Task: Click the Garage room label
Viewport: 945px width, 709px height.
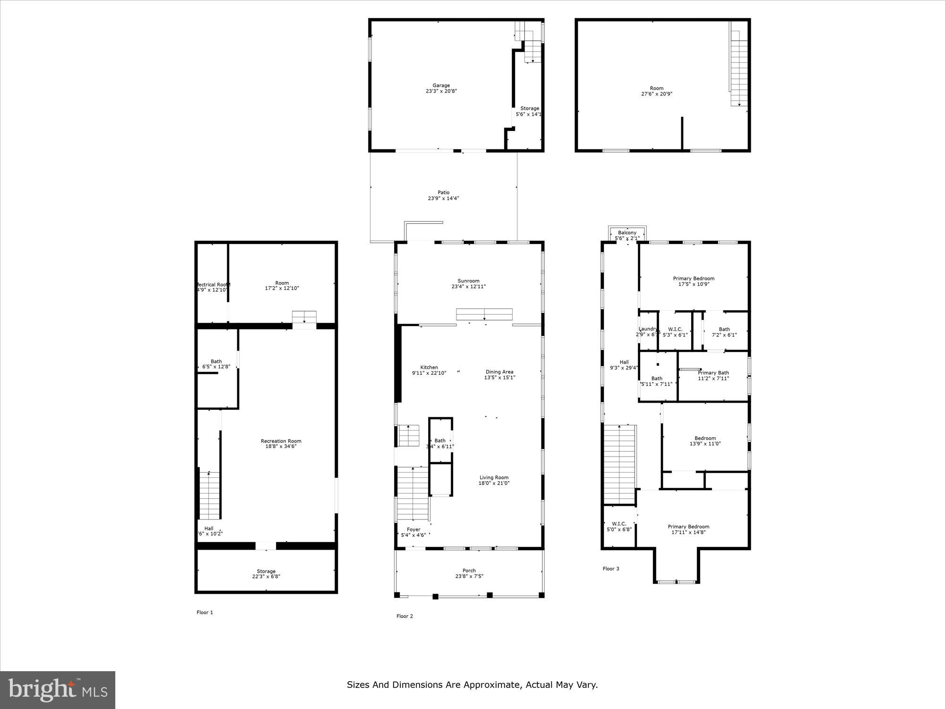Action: (x=441, y=86)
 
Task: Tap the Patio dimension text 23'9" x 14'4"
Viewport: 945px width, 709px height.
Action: (x=443, y=199)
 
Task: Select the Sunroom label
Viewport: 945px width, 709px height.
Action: (x=468, y=281)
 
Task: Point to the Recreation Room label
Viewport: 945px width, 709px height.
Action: (x=281, y=441)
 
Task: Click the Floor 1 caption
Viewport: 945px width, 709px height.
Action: (x=205, y=612)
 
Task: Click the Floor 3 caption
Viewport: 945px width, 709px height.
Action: (x=610, y=569)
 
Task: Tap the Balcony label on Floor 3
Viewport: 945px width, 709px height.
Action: (x=627, y=233)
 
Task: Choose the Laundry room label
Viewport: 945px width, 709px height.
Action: (x=648, y=329)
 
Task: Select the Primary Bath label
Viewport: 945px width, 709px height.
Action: (x=713, y=373)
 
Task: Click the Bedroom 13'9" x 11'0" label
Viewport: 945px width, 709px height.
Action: (x=705, y=438)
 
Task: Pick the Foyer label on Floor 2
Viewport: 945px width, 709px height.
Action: (x=413, y=529)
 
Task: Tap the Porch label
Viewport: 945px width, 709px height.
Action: (x=469, y=571)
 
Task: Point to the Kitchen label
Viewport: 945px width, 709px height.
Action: (x=429, y=367)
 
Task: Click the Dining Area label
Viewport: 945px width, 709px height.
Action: (x=499, y=372)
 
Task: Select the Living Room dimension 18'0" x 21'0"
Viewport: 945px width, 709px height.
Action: (x=494, y=483)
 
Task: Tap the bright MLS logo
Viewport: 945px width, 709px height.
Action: (x=58, y=690)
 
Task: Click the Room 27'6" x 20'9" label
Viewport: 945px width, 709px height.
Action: (x=656, y=88)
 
